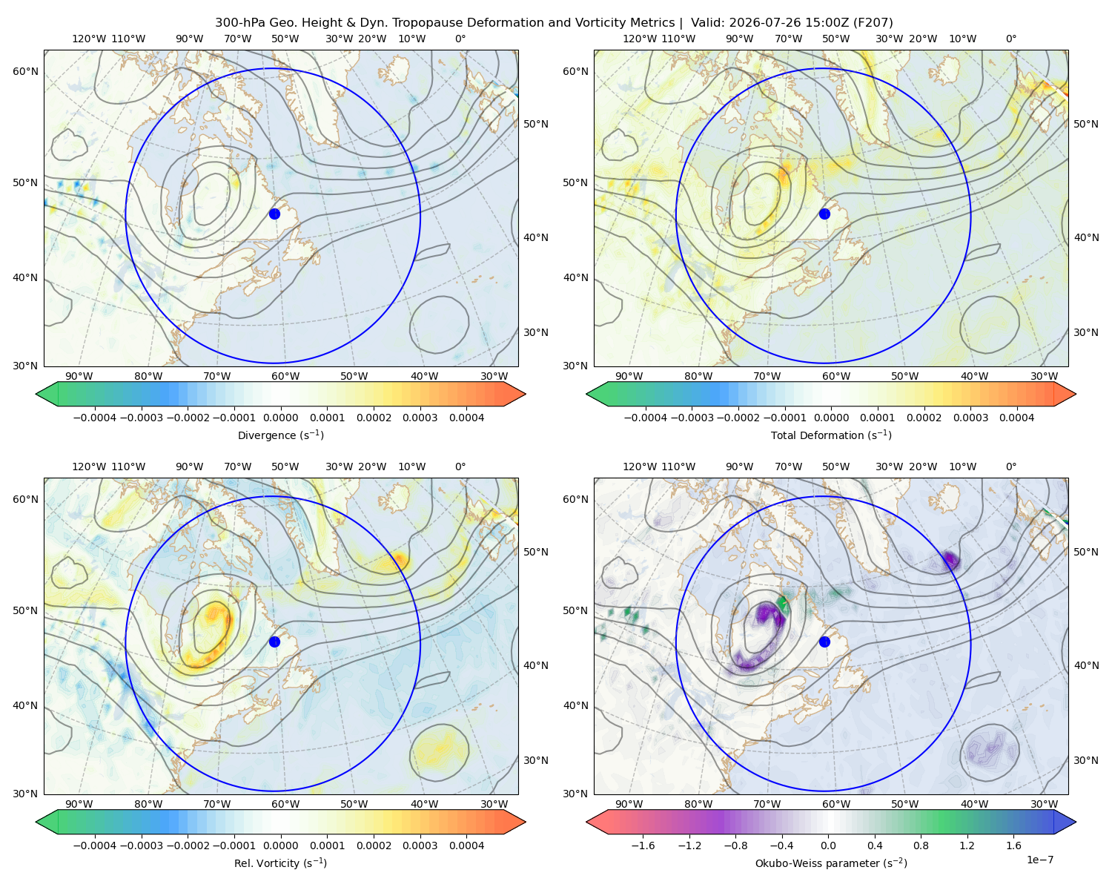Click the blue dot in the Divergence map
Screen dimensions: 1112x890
tap(274, 214)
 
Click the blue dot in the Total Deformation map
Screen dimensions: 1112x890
tap(824, 214)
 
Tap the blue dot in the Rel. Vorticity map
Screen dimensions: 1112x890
tap(274, 642)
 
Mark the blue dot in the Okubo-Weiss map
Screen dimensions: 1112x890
tap(824, 642)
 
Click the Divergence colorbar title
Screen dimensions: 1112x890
tap(280, 435)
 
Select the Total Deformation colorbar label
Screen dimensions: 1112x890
tap(831, 435)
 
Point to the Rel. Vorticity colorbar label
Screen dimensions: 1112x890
tap(280, 863)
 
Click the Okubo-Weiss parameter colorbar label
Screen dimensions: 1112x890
tap(831, 863)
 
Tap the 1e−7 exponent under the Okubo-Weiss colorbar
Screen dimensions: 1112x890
tap(1039, 860)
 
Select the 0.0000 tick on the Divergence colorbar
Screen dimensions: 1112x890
tap(280, 418)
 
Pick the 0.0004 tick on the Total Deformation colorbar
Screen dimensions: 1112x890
tap(1016, 418)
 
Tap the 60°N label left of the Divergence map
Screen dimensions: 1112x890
tap(25, 71)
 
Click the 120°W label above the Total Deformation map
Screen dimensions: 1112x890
tap(639, 39)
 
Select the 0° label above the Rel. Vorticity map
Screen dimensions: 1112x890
tap(460, 467)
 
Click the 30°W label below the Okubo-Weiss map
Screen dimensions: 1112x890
tap(1044, 804)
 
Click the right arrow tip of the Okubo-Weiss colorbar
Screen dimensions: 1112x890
tap(1076, 822)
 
